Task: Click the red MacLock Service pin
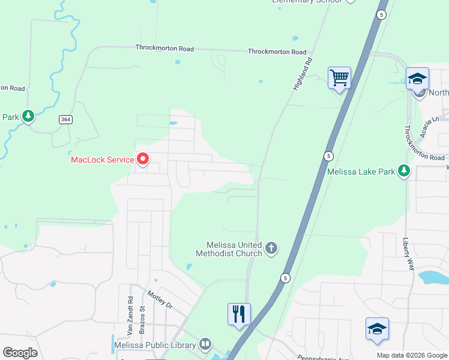point(143,159)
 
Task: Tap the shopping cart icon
point(339,77)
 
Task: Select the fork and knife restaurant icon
point(239,313)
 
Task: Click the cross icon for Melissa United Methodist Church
point(271,248)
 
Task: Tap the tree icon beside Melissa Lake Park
point(405,172)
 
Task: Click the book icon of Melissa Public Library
point(205,344)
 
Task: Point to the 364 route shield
point(66,120)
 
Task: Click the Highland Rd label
point(304,74)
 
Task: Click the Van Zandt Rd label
point(130,316)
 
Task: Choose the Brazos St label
point(143,319)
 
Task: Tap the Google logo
point(20,353)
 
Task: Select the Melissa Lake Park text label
point(361,172)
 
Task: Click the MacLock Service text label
point(102,160)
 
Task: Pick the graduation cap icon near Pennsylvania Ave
point(377,329)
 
